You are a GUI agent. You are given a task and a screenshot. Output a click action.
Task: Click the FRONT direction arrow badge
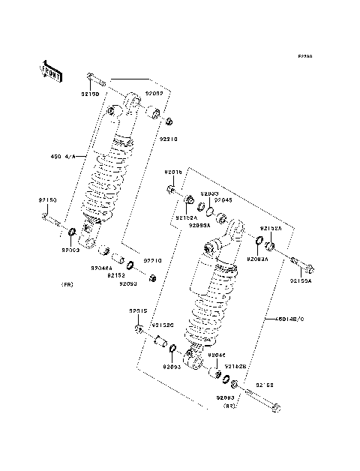pyautogui.click(x=50, y=70)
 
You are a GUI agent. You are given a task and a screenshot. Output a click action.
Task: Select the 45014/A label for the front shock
pyautogui.click(x=64, y=157)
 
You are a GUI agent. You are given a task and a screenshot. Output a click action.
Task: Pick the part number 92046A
pyautogui.click(x=102, y=268)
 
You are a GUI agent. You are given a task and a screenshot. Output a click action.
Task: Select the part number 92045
pyautogui.click(x=224, y=200)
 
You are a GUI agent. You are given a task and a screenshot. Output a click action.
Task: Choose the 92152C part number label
pyautogui.click(x=163, y=325)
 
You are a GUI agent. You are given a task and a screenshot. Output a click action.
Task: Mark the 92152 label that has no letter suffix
pyautogui.click(x=116, y=275)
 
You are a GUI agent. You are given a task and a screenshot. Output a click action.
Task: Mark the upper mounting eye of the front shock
pyautogui.click(x=133, y=100)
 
